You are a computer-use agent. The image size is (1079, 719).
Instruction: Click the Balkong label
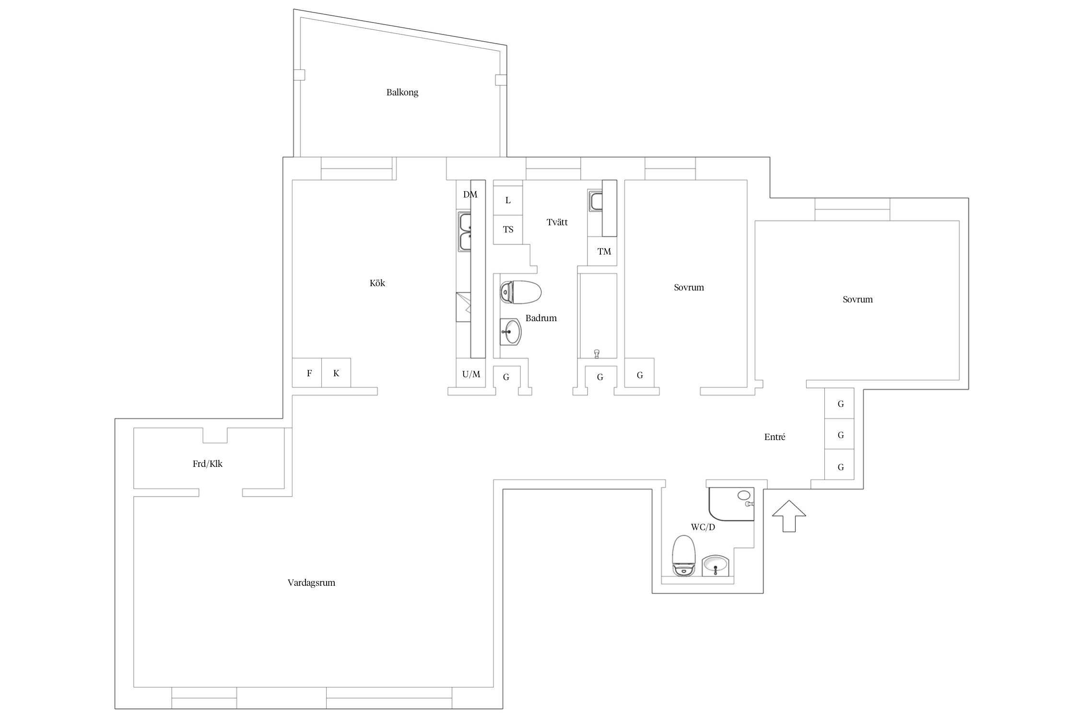402,93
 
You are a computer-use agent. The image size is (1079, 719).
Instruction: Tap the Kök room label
377,283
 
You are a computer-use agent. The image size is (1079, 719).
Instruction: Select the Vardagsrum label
311,583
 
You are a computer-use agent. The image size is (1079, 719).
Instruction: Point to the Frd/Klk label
208,464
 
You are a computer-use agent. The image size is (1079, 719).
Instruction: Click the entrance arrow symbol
789,516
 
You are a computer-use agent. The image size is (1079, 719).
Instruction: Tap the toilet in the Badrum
520,292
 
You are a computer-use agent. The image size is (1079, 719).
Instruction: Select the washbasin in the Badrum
511,332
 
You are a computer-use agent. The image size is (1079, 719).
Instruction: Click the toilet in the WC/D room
684,555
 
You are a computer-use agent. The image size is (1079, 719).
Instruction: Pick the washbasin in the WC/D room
715,566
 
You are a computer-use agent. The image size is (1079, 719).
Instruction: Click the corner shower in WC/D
731,504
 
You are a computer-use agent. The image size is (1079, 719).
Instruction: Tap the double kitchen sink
465,232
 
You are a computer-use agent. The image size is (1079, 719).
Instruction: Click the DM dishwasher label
470,195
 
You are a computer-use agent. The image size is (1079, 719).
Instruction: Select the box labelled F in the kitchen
307,373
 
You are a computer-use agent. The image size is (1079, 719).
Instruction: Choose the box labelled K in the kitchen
336,373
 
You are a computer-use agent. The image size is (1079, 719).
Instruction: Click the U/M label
471,374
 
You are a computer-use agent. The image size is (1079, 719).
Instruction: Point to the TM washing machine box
602,251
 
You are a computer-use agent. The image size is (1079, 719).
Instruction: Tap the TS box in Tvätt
508,230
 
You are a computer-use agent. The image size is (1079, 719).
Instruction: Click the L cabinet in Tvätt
508,200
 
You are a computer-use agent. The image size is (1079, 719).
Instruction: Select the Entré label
775,437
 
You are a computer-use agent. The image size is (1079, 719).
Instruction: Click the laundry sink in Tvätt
596,201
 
